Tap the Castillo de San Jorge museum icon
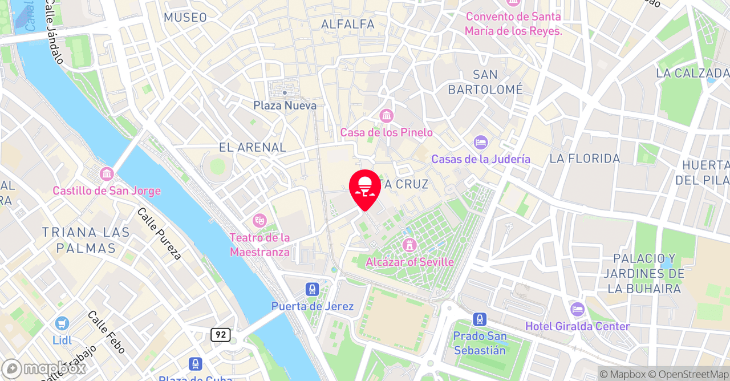click(107, 173)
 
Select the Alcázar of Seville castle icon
click(409, 245)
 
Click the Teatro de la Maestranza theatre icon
click(259, 220)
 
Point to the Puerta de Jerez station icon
click(312, 289)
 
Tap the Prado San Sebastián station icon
click(480, 319)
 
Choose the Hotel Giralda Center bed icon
click(577, 310)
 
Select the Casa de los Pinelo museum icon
click(386, 116)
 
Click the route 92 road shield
click(220, 335)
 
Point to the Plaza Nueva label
click(285, 106)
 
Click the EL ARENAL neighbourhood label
click(252, 147)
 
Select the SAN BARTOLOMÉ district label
click(485, 82)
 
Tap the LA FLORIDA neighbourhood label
click(585, 159)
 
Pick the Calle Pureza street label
click(159, 233)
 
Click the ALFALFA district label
click(348, 24)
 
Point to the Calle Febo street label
click(107, 331)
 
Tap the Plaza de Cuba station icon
click(196, 364)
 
